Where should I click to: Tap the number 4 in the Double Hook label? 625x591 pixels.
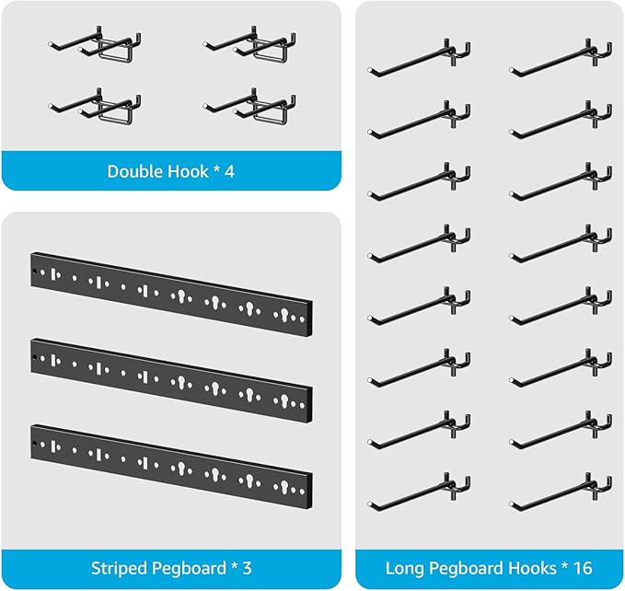[229, 171]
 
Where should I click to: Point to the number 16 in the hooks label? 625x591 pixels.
[583, 567]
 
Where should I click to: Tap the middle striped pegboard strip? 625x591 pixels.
[171, 374]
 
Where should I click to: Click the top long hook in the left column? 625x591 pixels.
[420, 57]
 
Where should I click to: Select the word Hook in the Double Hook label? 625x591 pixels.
[189, 171]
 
